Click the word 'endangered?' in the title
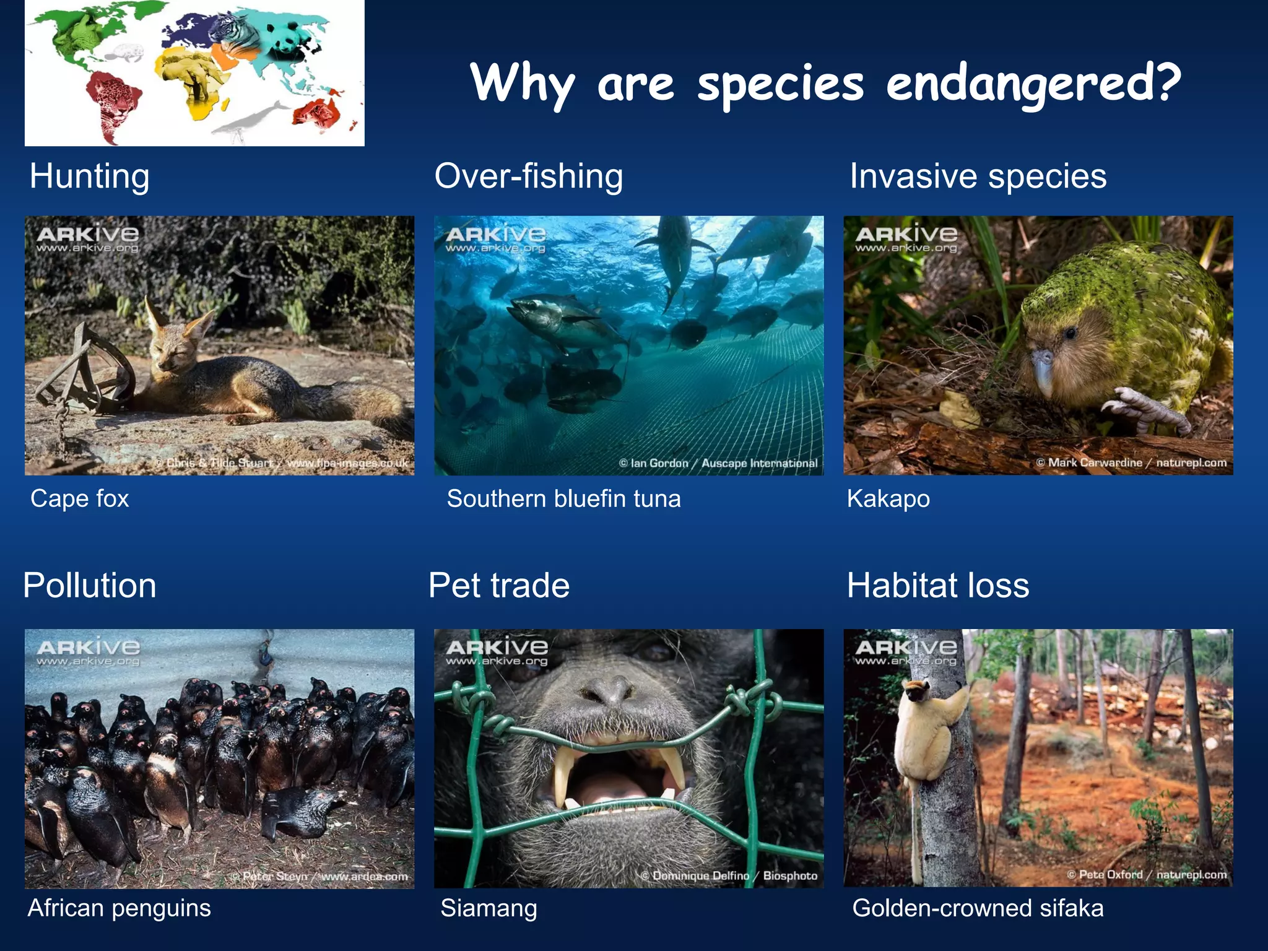pos(1033,84)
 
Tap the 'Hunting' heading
pos(90,176)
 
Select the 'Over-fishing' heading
pos(529,176)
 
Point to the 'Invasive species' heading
pos(978,176)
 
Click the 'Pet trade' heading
pos(499,586)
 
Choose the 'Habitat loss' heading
pos(938,586)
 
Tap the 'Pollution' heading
pos(90,586)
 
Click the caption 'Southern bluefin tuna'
pos(563,499)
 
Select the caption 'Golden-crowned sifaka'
pos(978,908)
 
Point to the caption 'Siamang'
pos(489,908)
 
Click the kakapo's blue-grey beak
pos(1043,371)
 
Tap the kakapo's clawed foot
pos(1145,409)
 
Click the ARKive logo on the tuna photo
pos(495,238)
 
